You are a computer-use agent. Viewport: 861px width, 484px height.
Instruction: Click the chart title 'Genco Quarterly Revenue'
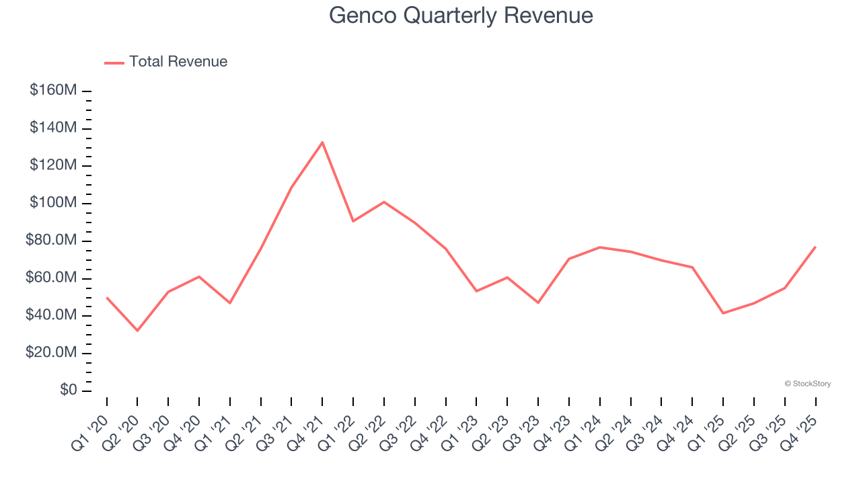click(461, 15)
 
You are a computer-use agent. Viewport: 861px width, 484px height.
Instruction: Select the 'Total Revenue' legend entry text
click(178, 62)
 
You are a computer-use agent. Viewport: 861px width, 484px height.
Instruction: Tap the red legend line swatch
click(114, 63)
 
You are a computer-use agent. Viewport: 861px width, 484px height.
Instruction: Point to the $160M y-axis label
click(52, 90)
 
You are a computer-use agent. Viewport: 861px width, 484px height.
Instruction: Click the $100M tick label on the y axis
click(52, 203)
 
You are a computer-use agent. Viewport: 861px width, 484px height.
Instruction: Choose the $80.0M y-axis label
click(52, 241)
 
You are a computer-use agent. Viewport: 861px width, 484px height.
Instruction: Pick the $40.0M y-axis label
click(52, 315)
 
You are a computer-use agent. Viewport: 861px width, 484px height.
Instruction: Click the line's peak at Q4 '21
click(322, 143)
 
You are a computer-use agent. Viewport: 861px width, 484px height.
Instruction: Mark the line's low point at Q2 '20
click(137, 331)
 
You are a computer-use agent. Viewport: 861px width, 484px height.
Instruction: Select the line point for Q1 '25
click(723, 313)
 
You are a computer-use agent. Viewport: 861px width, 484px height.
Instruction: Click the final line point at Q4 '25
click(815, 247)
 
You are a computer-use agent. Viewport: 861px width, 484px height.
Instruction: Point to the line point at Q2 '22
click(384, 202)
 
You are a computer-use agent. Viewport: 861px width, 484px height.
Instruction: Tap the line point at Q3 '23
click(538, 302)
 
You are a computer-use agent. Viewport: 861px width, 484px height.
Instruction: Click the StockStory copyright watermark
click(807, 384)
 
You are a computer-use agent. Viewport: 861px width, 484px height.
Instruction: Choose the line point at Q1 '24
click(600, 247)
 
